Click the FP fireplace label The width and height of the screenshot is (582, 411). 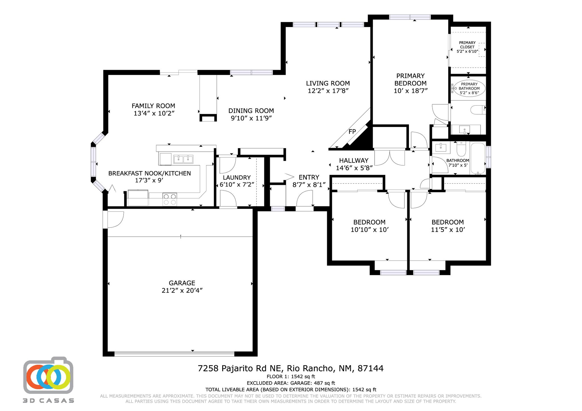coord(352,132)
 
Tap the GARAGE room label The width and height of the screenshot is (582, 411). coord(182,283)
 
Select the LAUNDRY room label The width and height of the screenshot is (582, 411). coord(237,178)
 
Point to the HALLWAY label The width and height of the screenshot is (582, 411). coord(354,161)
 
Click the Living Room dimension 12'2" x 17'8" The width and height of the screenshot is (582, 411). coord(328,91)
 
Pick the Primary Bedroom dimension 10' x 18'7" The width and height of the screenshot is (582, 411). coord(411,91)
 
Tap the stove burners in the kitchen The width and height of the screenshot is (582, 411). coord(170,199)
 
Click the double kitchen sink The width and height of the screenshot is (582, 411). coord(183,159)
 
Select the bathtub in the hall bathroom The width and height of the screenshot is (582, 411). coord(478,158)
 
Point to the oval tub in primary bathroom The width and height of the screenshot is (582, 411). coord(469,88)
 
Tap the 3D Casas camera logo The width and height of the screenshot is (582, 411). coord(48,375)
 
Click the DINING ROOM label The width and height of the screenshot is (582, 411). coord(251,111)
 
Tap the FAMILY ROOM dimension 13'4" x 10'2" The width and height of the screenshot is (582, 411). coord(154,114)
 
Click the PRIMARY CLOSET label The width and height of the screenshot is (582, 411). coord(467,45)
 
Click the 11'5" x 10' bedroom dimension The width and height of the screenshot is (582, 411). coord(448,230)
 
